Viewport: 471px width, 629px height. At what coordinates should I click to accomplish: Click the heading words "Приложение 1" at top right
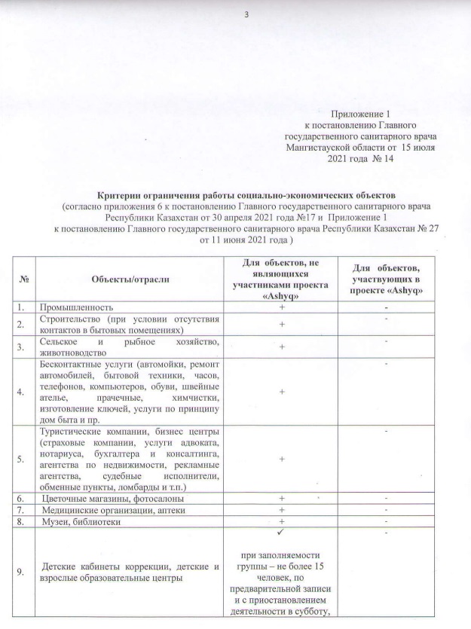(x=356, y=114)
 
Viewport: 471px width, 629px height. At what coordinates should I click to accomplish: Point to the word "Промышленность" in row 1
(x=78, y=307)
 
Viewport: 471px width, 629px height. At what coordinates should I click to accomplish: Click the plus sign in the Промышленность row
(x=281, y=307)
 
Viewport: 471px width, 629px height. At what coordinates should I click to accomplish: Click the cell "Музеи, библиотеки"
(x=82, y=521)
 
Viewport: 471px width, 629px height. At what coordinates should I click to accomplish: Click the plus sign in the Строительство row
(x=281, y=324)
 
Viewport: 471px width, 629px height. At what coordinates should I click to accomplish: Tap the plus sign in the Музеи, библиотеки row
(x=281, y=521)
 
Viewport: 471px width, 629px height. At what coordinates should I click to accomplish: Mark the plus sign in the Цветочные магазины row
(x=281, y=499)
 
